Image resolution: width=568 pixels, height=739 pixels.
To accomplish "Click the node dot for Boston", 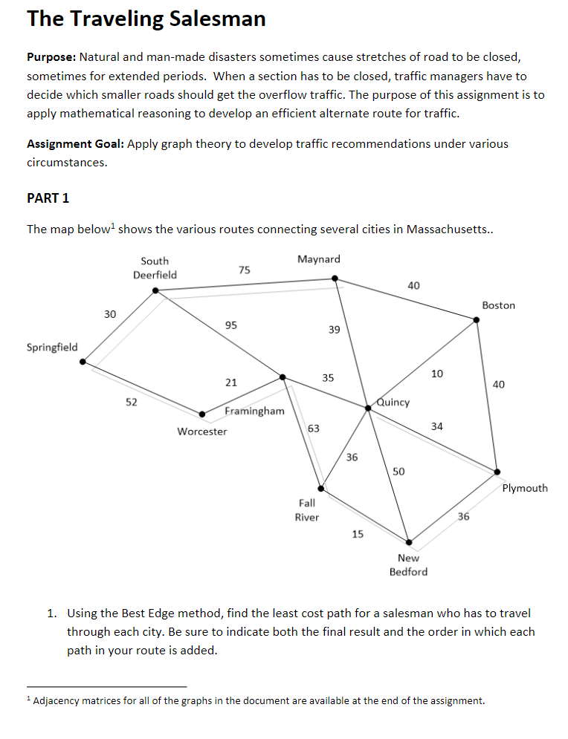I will click(477, 320).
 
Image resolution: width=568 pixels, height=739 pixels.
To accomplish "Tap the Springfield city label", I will click(52, 347).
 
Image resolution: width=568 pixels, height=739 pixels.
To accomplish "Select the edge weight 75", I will click(244, 270).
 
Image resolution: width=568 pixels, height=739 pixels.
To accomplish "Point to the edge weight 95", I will click(231, 325).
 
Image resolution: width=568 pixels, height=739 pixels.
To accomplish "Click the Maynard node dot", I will click(335, 279).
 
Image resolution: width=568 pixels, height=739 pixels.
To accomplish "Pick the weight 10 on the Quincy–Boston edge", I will click(437, 373).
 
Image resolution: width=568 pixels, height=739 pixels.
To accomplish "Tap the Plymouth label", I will click(525, 488).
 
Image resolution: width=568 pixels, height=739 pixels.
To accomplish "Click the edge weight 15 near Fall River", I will click(358, 533).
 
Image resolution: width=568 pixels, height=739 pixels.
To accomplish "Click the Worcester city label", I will click(202, 431).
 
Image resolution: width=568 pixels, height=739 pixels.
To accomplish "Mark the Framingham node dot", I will click(283, 377).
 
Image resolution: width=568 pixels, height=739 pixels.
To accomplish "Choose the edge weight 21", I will click(231, 382).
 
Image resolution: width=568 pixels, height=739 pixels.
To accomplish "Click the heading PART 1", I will click(48, 198).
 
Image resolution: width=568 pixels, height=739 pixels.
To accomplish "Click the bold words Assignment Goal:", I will click(75, 143).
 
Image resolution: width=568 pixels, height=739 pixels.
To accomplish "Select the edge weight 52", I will click(132, 402).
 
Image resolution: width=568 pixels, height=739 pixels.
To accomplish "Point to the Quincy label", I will click(393, 402).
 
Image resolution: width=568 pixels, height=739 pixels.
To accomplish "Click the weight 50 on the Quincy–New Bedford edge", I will click(398, 472).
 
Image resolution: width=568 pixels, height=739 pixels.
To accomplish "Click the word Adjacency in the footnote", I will click(59, 700).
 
